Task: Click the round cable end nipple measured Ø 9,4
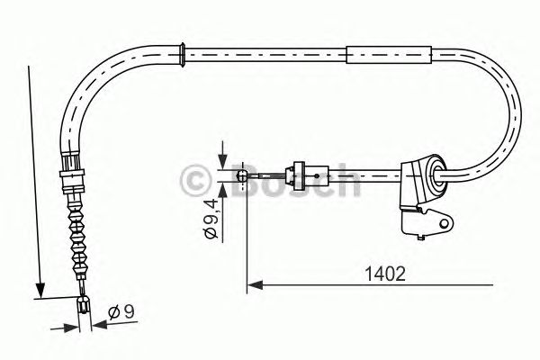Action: click(241, 174)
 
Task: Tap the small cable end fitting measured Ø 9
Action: click(84, 307)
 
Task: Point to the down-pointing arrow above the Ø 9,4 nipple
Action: click(220, 162)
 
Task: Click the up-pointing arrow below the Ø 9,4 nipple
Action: click(220, 186)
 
